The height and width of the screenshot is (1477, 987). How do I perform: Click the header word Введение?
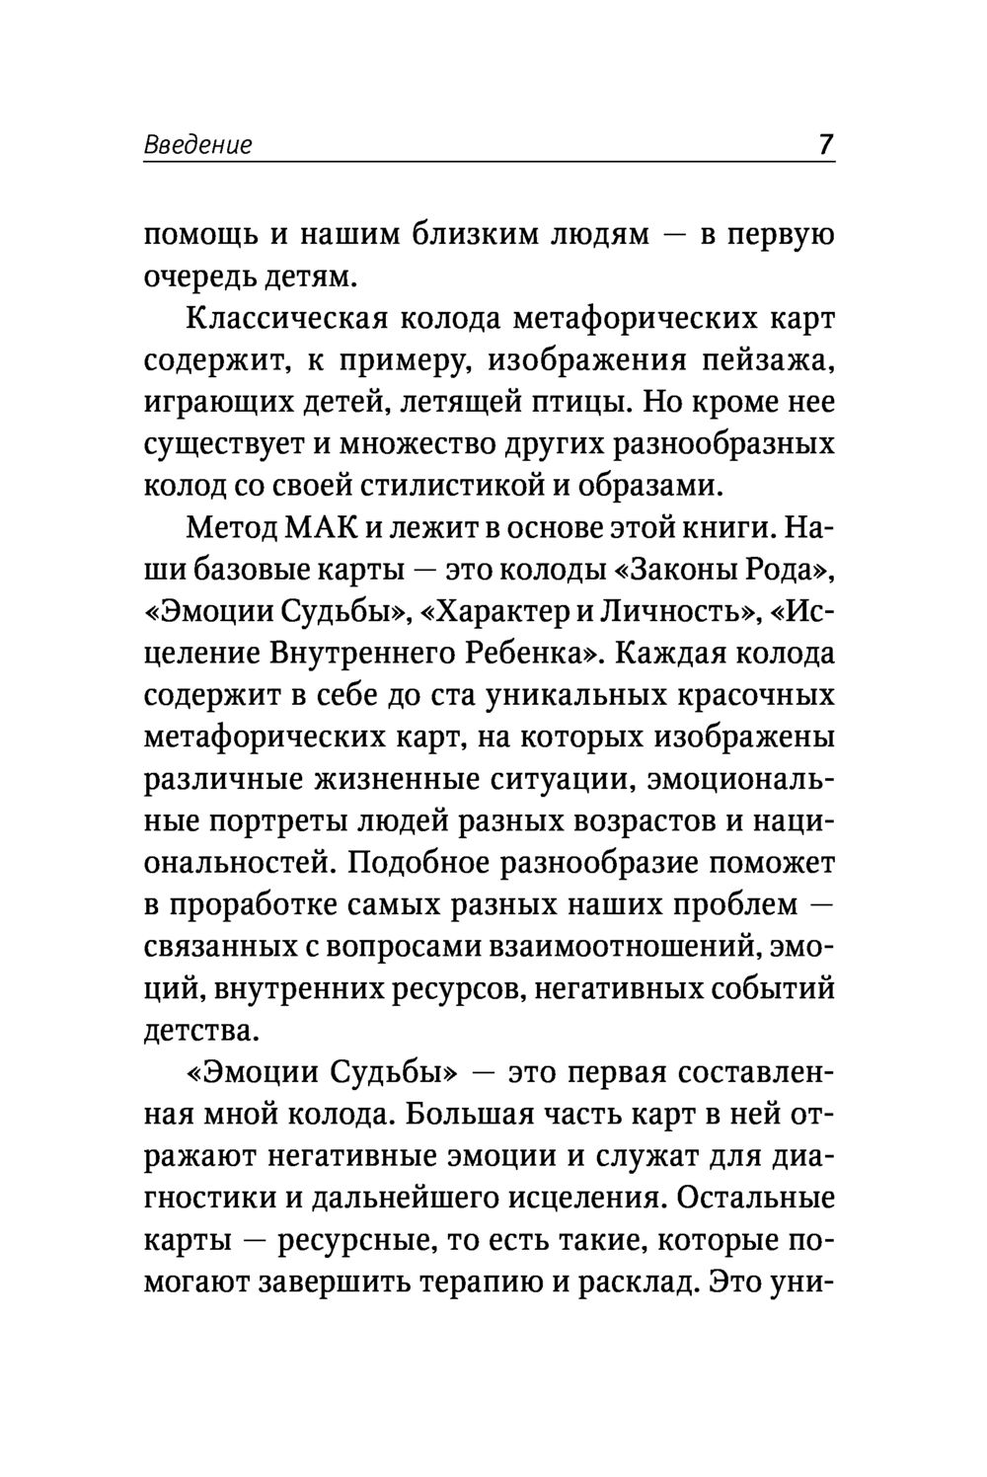point(197,145)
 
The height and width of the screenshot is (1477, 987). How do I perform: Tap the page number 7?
point(825,144)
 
